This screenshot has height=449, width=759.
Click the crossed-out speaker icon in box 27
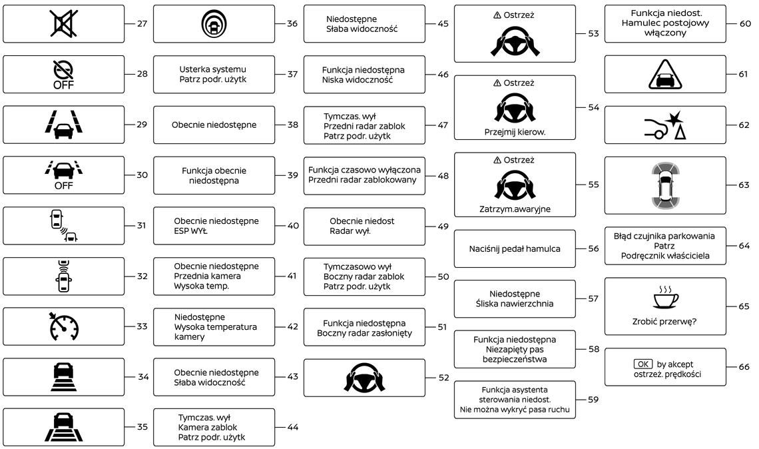tap(63, 23)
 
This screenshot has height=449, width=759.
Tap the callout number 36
tap(292, 23)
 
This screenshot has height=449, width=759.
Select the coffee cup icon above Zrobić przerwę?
tap(666, 298)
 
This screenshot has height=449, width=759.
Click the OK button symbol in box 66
tap(642, 364)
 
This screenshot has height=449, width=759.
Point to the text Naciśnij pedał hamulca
tap(515, 249)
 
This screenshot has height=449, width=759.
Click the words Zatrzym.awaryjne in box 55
tap(515, 209)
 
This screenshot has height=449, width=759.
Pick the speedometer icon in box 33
tap(63, 326)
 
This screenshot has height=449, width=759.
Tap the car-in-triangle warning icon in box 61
tap(666, 74)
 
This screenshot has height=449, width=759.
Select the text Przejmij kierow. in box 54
tap(515, 132)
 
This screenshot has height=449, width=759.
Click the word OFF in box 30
tap(63, 186)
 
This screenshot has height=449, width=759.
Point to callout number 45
tap(443, 24)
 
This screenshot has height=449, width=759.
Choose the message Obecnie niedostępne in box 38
tap(214, 125)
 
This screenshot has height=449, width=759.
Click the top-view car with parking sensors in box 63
tap(666, 185)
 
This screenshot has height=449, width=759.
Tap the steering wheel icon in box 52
tap(364, 378)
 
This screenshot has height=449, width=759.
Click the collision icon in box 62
tap(666, 125)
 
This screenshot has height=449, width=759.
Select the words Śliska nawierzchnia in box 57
tap(515, 304)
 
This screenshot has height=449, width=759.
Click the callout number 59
tap(593, 400)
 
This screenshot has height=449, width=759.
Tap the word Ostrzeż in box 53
tap(519, 15)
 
